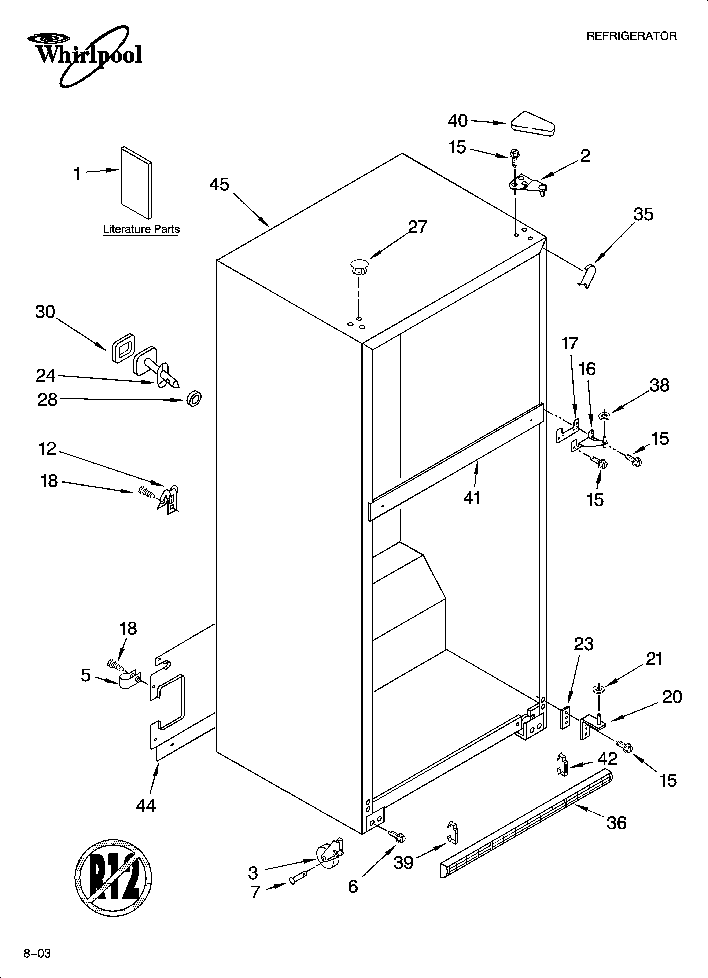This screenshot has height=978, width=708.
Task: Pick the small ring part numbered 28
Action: pyautogui.click(x=194, y=399)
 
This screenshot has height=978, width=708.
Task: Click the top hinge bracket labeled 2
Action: pyautogui.click(x=528, y=184)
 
